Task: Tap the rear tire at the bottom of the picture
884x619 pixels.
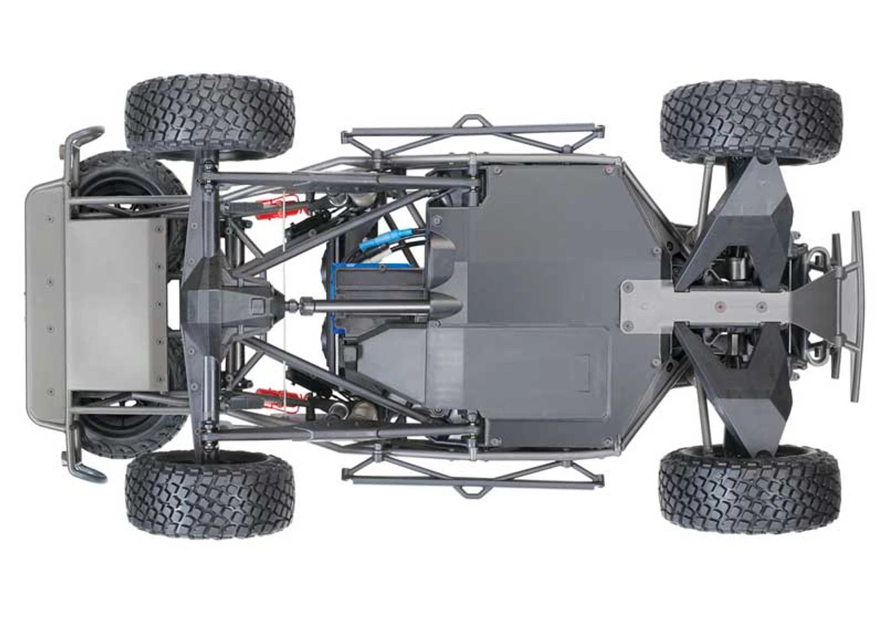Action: [x=210, y=493]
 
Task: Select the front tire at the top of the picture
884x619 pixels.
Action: [x=751, y=122]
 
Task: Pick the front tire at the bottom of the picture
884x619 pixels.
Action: [x=750, y=488]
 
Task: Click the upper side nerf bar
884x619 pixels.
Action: [x=472, y=134]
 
